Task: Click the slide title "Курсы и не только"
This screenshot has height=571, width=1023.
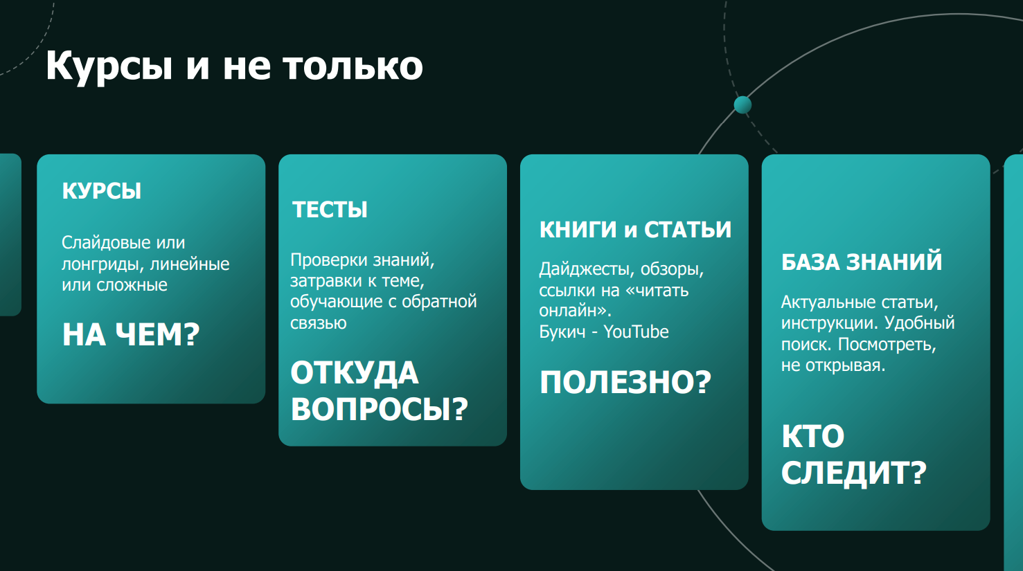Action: point(234,66)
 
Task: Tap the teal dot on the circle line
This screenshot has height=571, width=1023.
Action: point(742,105)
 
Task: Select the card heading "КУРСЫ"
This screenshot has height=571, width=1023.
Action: point(101,191)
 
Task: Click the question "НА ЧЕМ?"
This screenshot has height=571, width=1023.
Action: point(131,334)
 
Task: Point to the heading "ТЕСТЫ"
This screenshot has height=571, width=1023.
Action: point(330,210)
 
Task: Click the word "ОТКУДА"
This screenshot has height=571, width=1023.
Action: point(355,373)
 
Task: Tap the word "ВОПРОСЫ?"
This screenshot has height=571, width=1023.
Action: point(380,408)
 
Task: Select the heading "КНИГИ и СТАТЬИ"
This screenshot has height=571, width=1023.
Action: point(635,230)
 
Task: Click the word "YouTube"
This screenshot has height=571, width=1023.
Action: point(637,332)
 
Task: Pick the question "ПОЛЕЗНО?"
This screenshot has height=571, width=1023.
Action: point(625,382)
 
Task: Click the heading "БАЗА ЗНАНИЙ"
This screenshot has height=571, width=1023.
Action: point(862,262)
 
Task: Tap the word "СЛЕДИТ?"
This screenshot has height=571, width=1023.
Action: point(853,472)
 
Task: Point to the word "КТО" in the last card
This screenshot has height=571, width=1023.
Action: point(813,436)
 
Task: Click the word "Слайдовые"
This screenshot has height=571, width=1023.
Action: point(106,242)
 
